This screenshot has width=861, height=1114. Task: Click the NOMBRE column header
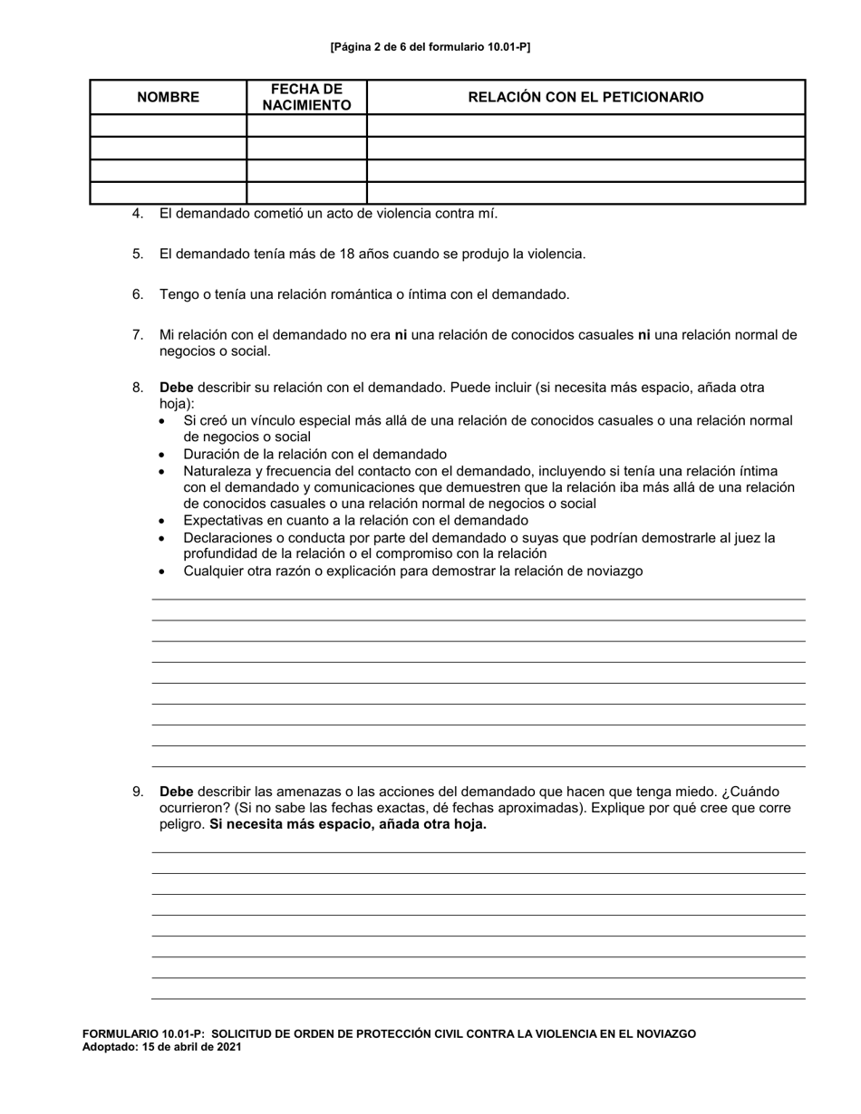(x=168, y=97)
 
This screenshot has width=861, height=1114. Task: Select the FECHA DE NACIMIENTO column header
(x=306, y=97)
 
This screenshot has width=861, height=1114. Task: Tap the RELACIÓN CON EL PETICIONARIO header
(x=585, y=97)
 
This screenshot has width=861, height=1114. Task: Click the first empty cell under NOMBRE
(x=168, y=126)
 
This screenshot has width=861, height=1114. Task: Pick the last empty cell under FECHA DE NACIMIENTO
(x=306, y=193)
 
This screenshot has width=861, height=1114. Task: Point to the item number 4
(x=138, y=214)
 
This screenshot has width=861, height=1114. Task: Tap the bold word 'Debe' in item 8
(x=176, y=388)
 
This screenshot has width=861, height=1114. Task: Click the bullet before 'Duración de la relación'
(x=162, y=455)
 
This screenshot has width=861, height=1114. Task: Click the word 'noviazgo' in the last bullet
(x=615, y=571)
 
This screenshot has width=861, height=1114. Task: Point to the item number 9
(x=138, y=792)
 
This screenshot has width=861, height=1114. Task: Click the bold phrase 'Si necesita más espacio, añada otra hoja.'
(x=347, y=824)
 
